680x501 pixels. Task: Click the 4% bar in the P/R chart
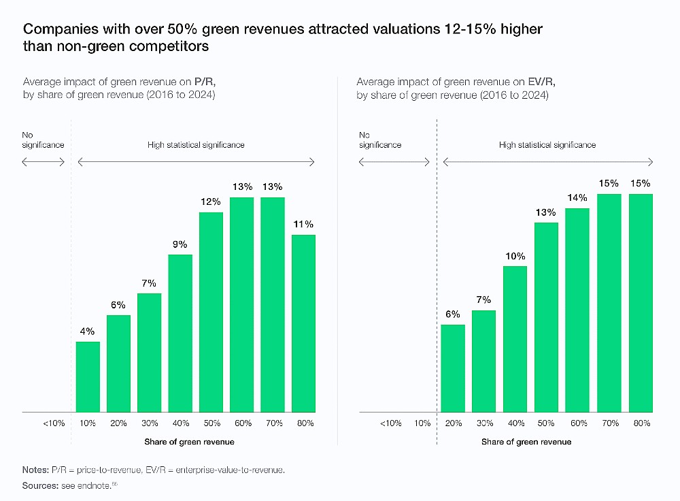point(88,376)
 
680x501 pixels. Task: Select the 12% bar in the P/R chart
point(211,312)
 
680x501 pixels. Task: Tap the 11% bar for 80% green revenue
point(303,323)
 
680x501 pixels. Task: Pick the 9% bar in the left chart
point(180,333)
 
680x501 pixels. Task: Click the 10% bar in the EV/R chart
point(515,339)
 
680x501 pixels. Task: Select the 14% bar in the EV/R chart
point(577,310)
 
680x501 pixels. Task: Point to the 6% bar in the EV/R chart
point(454,368)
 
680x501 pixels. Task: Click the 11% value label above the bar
point(303,224)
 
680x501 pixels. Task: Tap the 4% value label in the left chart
point(88,331)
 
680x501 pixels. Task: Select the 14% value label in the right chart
point(577,197)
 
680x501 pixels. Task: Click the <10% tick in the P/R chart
point(54,423)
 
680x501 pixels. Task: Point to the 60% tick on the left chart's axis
point(242,423)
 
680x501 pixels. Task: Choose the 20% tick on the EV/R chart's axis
point(454,423)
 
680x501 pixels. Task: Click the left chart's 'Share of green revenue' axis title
point(189,442)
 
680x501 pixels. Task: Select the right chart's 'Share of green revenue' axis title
point(526,442)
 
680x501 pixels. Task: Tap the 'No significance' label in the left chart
point(42,140)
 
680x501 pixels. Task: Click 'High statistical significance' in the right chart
point(547,145)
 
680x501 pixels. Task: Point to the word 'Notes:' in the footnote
point(36,470)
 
